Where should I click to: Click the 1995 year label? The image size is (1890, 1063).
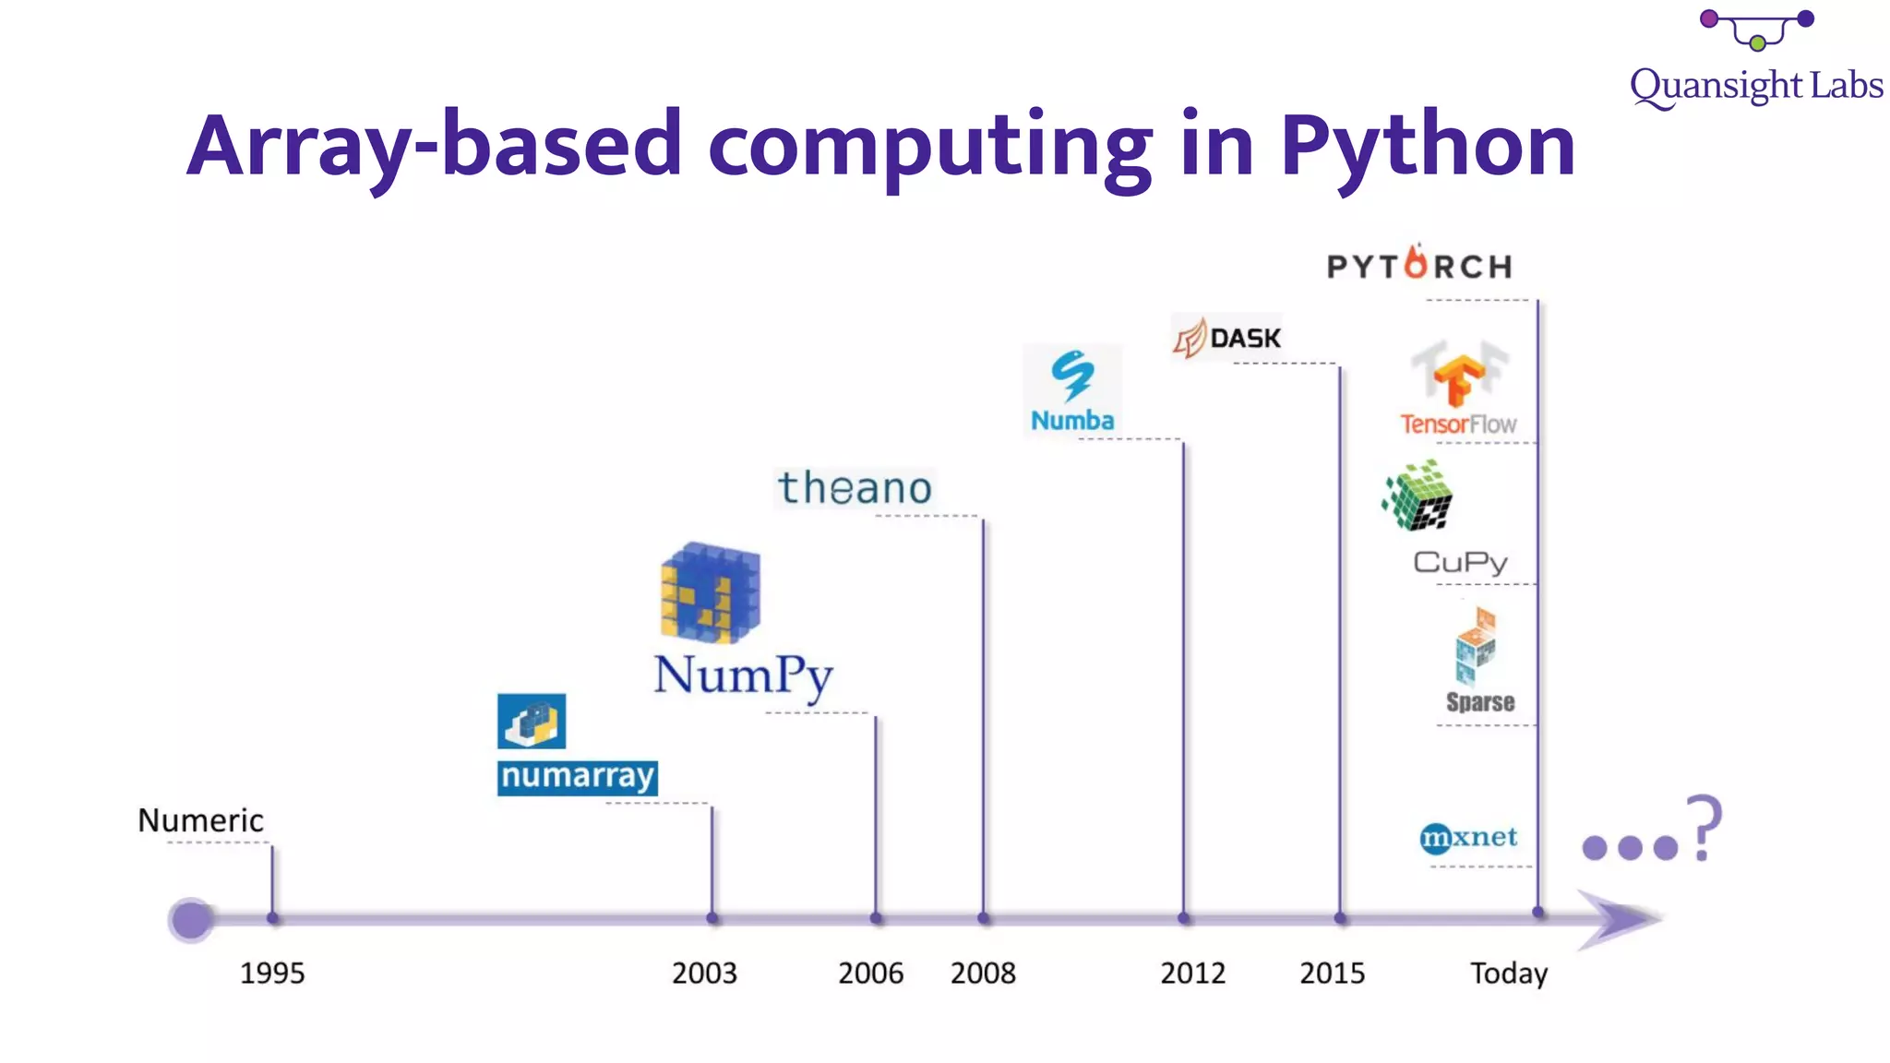[x=272, y=973]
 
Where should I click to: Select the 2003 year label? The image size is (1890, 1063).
[x=704, y=973]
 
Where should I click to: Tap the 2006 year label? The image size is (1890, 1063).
[x=870, y=973]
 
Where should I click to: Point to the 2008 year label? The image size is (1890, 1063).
[x=983, y=973]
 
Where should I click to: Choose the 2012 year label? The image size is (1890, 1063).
[x=1192, y=973]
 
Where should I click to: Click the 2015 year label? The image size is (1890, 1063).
[x=1332, y=973]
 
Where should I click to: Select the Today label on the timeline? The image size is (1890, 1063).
[x=1509, y=973]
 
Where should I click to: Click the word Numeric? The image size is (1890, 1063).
[x=200, y=820]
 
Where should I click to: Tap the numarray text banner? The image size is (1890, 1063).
[x=577, y=777]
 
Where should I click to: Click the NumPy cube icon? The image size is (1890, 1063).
[x=710, y=592]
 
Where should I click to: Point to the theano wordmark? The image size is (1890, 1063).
[x=855, y=488]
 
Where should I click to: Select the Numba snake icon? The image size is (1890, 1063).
[x=1072, y=376]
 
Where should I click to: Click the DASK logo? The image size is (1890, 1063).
[x=1227, y=338]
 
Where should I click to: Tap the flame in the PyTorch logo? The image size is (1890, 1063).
[x=1416, y=262]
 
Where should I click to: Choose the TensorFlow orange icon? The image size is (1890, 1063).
[x=1458, y=379]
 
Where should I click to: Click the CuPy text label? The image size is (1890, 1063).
[x=1460, y=562]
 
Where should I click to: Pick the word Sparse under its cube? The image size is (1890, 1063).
[x=1480, y=702]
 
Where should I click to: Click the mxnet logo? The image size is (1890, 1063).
[x=1467, y=838]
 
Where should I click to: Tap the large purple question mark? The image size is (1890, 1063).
[x=1704, y=827]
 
